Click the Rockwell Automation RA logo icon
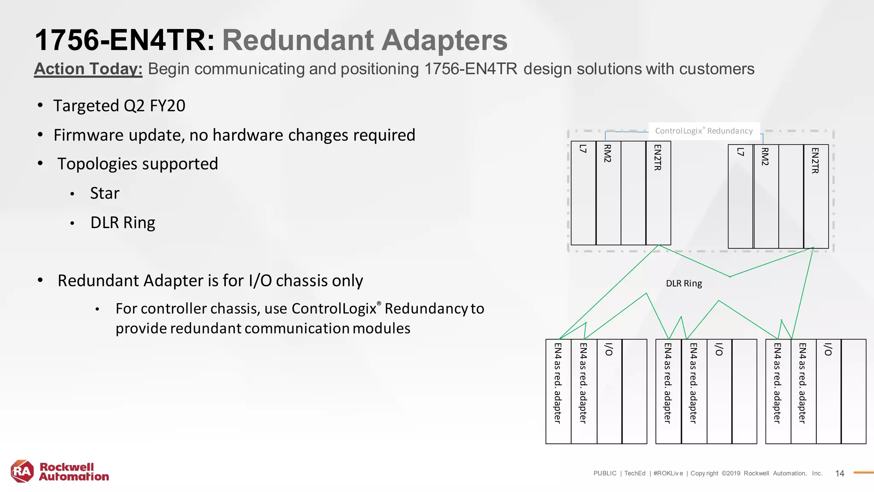[22, 471]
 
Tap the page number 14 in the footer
[839, 473]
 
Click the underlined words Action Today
[88, 69]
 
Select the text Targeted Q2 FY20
[119, 106]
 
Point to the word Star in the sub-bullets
[105, 193]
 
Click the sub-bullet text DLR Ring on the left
[122, 223]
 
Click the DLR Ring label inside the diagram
[684, 284]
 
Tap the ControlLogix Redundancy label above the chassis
[704, 131]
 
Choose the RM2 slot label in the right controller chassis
[765, 157]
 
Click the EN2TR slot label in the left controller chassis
[658, 158]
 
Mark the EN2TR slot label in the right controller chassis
[815, 161]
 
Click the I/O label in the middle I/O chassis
[719, 349]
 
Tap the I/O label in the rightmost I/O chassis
[828, 349]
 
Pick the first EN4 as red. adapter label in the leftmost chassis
[557, 383]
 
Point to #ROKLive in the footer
[668, 473]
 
